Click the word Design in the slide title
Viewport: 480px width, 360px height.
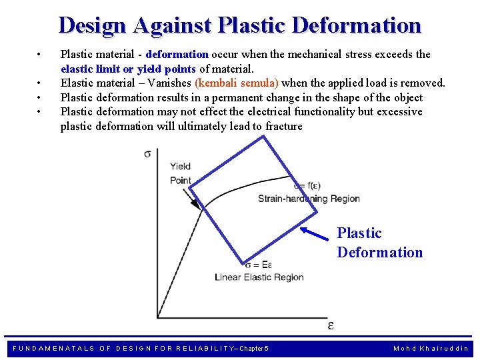tap(93, 25)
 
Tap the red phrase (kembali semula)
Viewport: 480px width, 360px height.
tap(237, 83)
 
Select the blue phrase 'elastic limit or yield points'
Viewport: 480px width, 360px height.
tap(128, 69)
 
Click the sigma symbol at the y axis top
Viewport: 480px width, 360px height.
tap(147, 154)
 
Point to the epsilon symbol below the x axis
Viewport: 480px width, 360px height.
tap(331, 325)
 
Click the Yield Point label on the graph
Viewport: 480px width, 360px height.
tap(181, 173)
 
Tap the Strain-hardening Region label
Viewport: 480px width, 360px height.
tap(309, 199)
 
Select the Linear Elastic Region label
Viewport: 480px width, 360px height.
tap(259, 277)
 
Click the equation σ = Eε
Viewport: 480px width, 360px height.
tap(259, 265)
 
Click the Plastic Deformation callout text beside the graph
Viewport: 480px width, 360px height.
tap(379, 243)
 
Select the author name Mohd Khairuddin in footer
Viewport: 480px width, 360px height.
tap(431, 349)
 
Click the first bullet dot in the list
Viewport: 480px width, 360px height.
tap(40, 55)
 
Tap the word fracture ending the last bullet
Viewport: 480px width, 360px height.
tap(284, 126)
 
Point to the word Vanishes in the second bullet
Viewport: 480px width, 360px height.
tap(169, 83)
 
